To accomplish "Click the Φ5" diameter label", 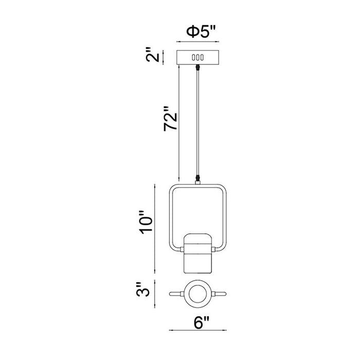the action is [201, 31].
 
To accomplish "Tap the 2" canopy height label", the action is [152, 55].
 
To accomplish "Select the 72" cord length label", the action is [171, 118].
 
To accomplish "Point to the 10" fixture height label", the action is [146, 222].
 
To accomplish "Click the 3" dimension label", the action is [143, 290].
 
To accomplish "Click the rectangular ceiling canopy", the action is [197, 58].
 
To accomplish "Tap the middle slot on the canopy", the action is [197, 58].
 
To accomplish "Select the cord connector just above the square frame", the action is [197, 178].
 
